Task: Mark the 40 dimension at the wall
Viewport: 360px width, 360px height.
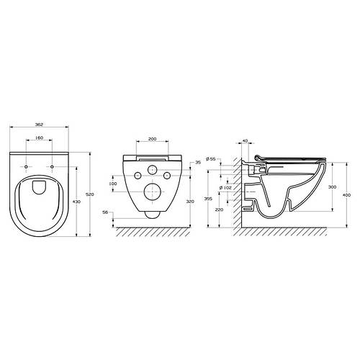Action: pyautogui.click(x=245, y=141)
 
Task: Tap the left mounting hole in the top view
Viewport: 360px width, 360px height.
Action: pyautogui.click(x=27, y=168)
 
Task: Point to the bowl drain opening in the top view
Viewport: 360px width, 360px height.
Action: pyautogui.click(x=41, y=187)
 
